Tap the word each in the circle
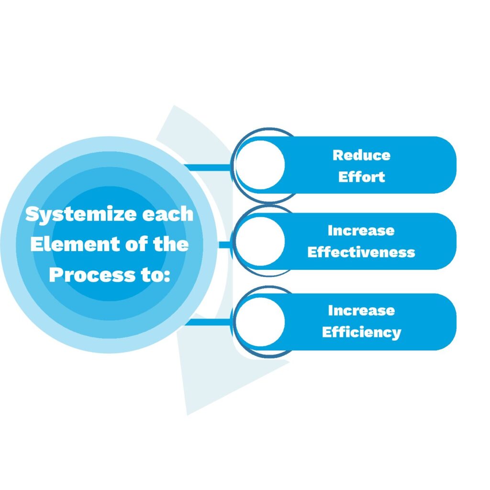tap(168, 214)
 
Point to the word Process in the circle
tap(92, 275)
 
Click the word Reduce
tap(362, 156)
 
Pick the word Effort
tap(362, 177)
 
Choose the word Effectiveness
tap(361, 252)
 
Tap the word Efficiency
tap(362, 333)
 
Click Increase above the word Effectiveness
tap(361, 231)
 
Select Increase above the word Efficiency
tap(362, 311)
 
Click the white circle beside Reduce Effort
tap(260, 165)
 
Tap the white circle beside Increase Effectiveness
tap(260, 241)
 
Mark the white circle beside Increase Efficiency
tap(260, 322)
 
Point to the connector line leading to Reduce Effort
tap(208, 167)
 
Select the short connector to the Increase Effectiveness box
tap(225, 245)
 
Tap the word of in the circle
tap(136, 244)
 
